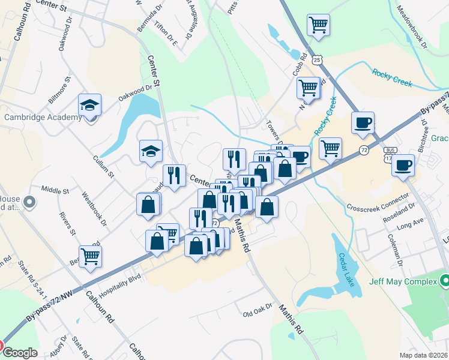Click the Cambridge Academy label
coord(43,117)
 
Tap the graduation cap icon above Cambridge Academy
coord(90,105)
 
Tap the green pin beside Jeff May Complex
coord(445,280)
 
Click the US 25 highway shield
coord(318,59)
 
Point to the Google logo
coord(20,353)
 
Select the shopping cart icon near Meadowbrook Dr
coord(318,25)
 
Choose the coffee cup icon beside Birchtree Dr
coord(403,164)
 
